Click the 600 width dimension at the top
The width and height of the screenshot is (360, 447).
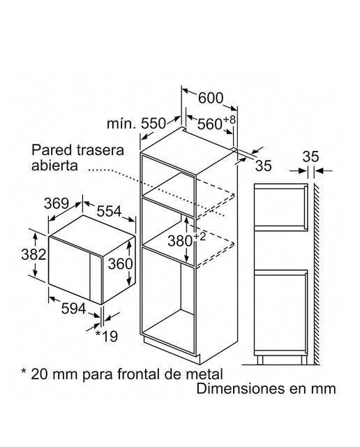(211, 98)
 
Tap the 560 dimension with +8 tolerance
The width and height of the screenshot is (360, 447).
(216, 123)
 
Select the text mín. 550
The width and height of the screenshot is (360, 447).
(136, 124)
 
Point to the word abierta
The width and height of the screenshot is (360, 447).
(54, 166)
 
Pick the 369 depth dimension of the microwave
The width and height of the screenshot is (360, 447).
(57, 203)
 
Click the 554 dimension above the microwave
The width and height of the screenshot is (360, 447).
(109, 211)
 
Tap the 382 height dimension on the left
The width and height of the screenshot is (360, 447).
(33, 254)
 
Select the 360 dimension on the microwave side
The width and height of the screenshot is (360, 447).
(120, 264)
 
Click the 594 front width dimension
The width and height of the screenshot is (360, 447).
(73, 308)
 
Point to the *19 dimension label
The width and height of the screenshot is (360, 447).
(107, 336)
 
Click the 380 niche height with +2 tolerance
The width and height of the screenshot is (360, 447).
(186, 240)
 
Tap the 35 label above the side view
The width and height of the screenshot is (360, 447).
(310, 156)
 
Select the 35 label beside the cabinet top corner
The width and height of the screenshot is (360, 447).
(263, 166)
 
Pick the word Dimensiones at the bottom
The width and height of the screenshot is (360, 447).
(240, 388)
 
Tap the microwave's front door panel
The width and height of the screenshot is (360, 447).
(69, 268)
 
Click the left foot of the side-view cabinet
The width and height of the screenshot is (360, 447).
(260, 360)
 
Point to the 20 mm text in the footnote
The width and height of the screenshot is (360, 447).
(54, 374)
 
